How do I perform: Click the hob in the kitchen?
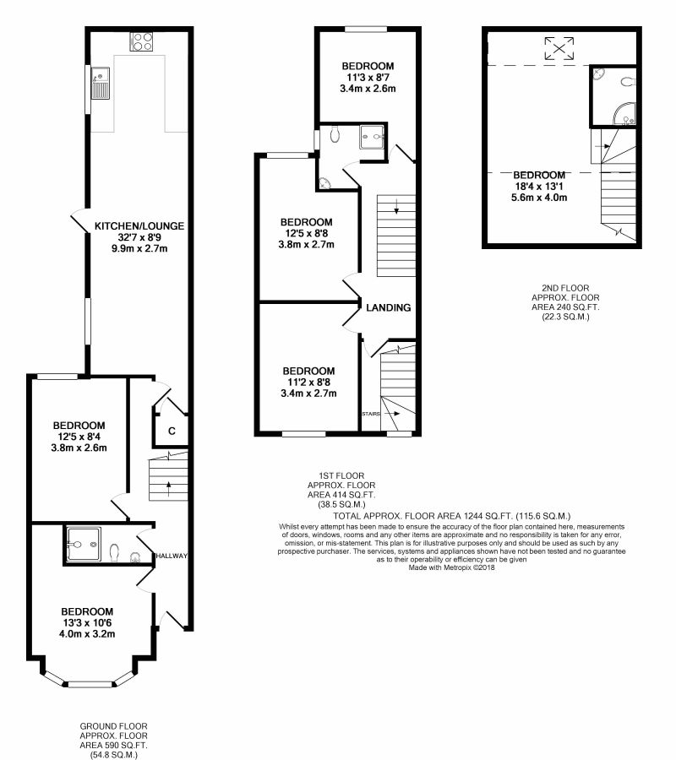tap(141, 41)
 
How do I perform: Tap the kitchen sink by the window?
tap(101, 83)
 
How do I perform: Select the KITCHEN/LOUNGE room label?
tap(139, 225)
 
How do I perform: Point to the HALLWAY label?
tap(172, 556)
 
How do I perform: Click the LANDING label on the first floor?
tap(389, 307)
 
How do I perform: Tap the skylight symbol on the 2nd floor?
tap(559, 48)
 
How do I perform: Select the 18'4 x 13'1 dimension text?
tap(539, 186)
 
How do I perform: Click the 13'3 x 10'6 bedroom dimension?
tap(87, 623)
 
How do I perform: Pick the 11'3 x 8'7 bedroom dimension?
tap(368, 78)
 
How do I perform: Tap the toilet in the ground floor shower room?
tap(114, 552)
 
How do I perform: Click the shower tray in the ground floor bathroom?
tap(84, 545)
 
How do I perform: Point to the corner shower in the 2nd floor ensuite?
tap(624, 114)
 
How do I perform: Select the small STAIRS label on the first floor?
tap(371, 414)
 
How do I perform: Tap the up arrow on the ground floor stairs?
tap(168, 489)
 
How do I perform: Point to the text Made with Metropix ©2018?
tap(451, 567)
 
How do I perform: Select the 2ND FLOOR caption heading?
tap(565, 288)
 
